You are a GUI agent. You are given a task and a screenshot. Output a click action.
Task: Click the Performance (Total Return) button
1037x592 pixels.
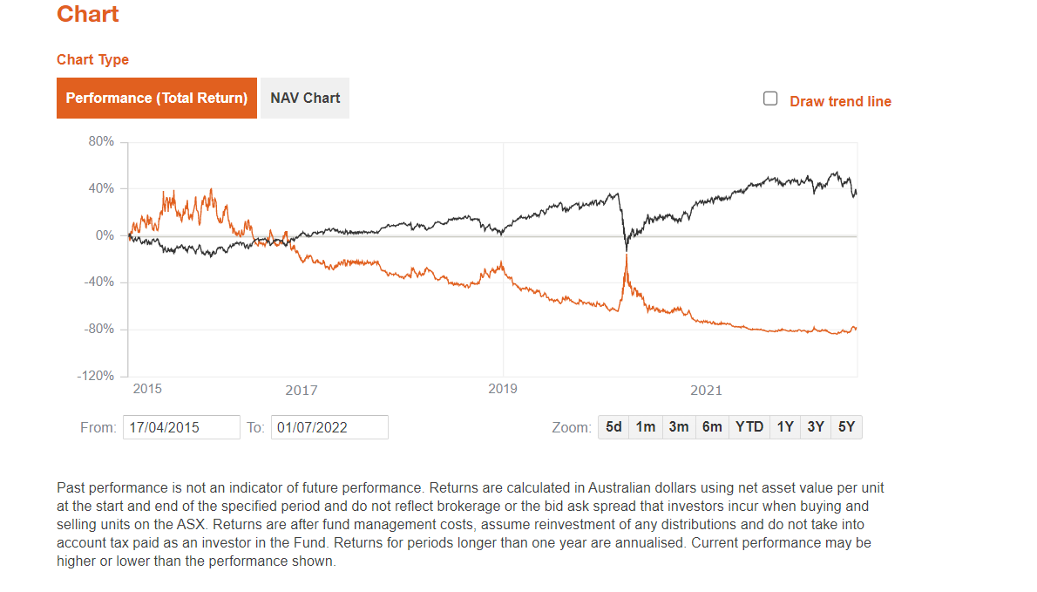point(157,98)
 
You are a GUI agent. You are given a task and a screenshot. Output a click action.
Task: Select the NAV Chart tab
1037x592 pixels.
point(305,98)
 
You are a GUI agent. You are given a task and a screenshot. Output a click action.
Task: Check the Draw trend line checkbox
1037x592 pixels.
point(770,99)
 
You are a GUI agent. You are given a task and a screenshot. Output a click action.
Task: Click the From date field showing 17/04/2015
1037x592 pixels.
point(181,427)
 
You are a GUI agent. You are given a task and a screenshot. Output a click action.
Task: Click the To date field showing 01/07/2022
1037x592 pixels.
point(329,427)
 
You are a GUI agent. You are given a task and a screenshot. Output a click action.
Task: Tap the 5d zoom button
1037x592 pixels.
point(613,427)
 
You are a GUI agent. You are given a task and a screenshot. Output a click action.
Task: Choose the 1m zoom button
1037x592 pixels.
point(646,427)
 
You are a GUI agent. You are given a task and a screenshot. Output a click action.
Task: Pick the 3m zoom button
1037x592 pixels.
point(679,427)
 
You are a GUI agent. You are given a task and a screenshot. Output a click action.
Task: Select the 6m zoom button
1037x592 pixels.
point(712,427)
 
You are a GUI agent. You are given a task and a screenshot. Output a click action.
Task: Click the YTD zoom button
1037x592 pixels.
point(749,427)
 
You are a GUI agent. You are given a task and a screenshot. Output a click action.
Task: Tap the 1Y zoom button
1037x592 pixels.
point(785,427)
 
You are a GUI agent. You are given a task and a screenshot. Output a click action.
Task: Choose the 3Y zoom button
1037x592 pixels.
point(816,427)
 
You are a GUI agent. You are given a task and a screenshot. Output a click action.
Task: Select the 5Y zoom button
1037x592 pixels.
point(846,427)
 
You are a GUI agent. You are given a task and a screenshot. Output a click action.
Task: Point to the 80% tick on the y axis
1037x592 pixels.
point(101,141)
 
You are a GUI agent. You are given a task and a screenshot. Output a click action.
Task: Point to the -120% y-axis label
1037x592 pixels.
point(97,376)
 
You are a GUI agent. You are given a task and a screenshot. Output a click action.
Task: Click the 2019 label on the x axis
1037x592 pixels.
point(503,389)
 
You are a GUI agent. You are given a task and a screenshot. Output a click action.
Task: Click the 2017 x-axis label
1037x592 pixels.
point(302,391)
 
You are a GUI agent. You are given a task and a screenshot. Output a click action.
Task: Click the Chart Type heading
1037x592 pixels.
point(92,59)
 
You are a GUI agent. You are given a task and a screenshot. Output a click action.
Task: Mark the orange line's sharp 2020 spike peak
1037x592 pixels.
point(627,255)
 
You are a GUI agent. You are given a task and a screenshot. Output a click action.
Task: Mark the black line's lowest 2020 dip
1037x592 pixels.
point(627,250)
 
